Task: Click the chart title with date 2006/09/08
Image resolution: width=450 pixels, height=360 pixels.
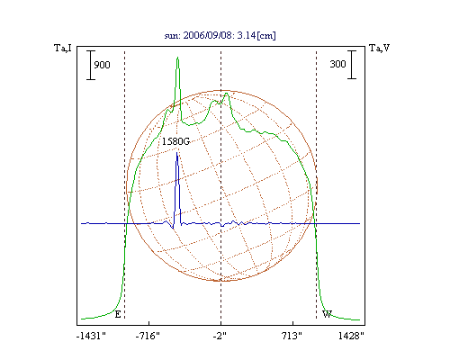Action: (x=220, y=35)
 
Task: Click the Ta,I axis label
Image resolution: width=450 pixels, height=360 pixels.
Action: (x=63, y=48)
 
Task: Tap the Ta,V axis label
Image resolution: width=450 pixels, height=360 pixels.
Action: (x=380, y=48)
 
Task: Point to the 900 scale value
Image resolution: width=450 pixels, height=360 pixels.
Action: (x=102, y=65)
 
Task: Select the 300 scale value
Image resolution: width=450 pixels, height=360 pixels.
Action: (x=337, y=64)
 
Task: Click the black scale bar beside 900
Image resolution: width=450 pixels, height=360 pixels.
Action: (x=91, y=65)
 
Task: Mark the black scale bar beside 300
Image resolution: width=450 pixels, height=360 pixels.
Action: (x=352, y=65)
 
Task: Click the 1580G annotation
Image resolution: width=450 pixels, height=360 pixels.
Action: (x=175, y=141)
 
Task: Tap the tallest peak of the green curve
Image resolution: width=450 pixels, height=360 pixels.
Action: (x=178, y=57)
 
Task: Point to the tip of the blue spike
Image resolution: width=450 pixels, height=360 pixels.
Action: (x=177, y=153)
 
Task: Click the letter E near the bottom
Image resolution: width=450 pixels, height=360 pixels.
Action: (x=118, y=314)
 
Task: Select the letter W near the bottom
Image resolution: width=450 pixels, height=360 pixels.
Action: (x=327, y=314)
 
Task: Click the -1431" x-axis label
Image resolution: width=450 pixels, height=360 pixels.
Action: (x=91, y=336)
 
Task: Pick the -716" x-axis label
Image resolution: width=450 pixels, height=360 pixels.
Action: (x=148, y=336)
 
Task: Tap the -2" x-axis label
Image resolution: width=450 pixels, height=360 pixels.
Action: (x=220, y=336)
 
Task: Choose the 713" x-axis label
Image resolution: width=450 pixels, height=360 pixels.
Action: (x=292, y=336)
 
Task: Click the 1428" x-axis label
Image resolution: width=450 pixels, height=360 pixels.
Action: (x=351, y=336)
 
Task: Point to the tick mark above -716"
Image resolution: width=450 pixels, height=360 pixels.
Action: (x=149, y=323)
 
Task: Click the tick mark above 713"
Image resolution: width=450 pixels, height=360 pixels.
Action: (x=292, y=323)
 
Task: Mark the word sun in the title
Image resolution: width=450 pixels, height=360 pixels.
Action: (x=172, y=36)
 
